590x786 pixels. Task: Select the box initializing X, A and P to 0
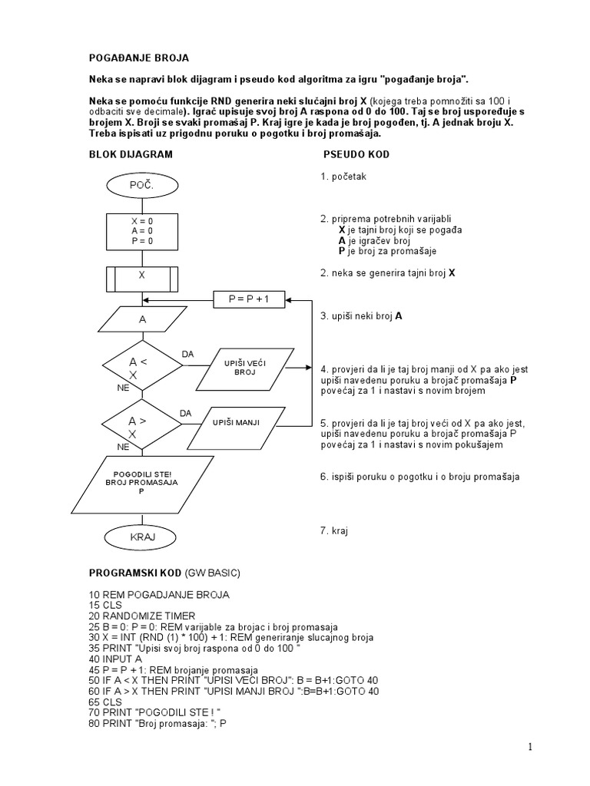point(141,230)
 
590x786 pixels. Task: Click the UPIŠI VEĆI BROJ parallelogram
point(244,368)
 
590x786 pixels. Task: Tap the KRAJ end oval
point(141,536)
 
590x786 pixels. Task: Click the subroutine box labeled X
point(141,273)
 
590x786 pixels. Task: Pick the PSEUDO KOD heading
point(356,154)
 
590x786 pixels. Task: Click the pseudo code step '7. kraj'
point(335,530)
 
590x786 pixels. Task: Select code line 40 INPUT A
point(118,658)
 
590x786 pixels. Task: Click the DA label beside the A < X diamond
point(187,354)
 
